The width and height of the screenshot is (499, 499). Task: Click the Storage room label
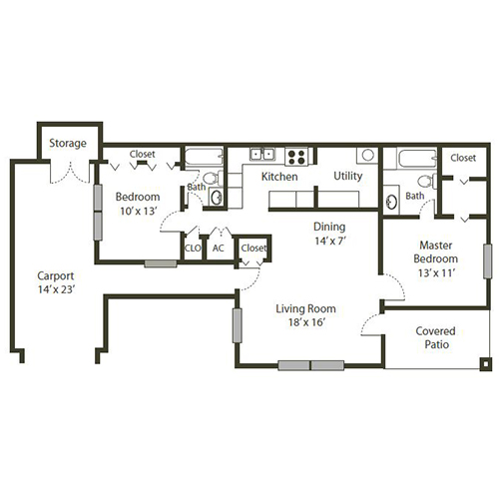(x=69, y=144)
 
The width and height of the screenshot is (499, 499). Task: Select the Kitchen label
(x=280, y=176)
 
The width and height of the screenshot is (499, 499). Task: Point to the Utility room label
(x=347, y=176)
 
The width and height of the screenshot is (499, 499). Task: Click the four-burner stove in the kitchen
(x=296, y=156)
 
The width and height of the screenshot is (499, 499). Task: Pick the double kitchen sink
(x=262, y=155)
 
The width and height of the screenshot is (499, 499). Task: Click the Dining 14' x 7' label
(x=329, y=234)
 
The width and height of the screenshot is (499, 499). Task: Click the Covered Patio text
(x=435, y=338)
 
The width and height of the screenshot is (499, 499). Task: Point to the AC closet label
(x=218, y=248)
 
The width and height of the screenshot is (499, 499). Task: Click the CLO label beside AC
(x=193, y=248)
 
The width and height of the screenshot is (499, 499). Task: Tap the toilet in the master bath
(x=426, y=182)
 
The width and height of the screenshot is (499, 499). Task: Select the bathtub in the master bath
(x=410, y=158)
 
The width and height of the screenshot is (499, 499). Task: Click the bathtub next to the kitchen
(x=205, y=158)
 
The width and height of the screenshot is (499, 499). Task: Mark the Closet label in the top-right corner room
(x=462, y=158)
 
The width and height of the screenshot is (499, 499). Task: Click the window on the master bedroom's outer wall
(x=487, y=261)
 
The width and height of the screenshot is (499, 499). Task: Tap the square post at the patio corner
(x=485, y=364)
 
